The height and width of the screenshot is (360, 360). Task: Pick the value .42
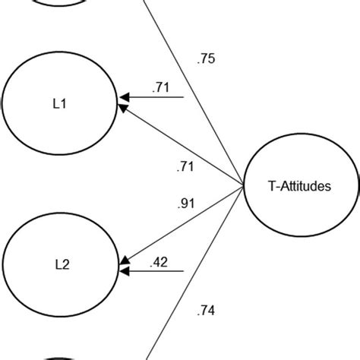(160, 263)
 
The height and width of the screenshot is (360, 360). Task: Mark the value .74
(206, 309)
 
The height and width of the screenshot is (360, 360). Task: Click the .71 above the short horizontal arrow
(160, 88)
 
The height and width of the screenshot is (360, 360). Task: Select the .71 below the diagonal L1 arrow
(185, 165)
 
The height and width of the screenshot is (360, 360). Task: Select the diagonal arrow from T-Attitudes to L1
(182, 147)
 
